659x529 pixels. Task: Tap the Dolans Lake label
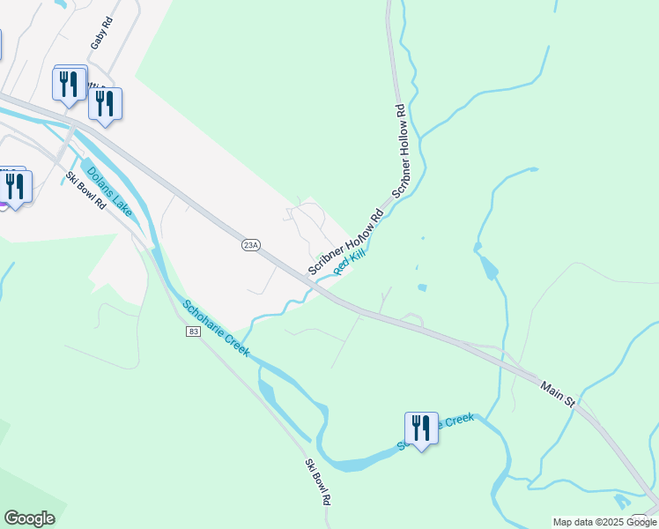pyautogui.click(x=109, y=187)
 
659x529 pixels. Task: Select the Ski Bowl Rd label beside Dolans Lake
pyautogui.click(x=86, y=190)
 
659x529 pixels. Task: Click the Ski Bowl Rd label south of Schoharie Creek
pyautogui.click(x=318, y=481)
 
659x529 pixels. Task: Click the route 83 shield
pyautogui.click(x=193, y=331)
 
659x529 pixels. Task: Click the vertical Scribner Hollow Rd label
pyautogui.click(x=401, y=150)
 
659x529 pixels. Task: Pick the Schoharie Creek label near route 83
pyautogui.click(x=216, y=328)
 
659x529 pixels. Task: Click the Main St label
pyautogui.click(x=558, y=394)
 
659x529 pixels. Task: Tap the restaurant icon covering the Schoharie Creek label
pyautogui.click(x=421, y=429)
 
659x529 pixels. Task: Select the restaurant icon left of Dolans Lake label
pyautogui.click(x=16, y=187)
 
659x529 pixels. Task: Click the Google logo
pyautogui.click(x=29, y=518)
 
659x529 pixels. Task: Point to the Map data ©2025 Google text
pyautogui.click(x=604, y=522)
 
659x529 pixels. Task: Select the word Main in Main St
pyautogui.click(x=552, y=390)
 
